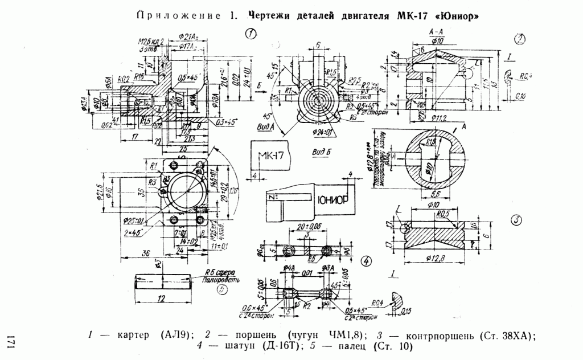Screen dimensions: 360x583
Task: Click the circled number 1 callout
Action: click(251, 34)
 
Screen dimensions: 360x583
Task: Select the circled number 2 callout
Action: click(519, 39)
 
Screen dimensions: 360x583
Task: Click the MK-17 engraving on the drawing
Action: click(270, 156)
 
